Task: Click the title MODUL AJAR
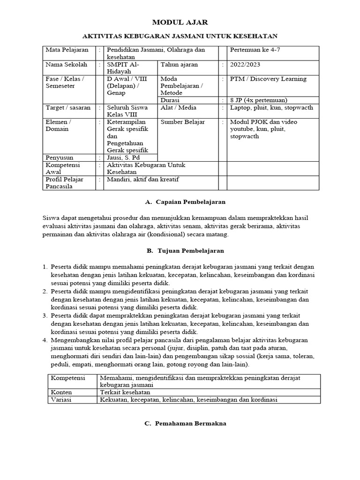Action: [180, 22]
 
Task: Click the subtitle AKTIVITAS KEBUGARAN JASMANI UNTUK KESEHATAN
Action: [180, 36]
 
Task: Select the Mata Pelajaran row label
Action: [63, 50]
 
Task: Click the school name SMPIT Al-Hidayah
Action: [123, 68]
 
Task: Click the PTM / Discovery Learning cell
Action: [268, 79]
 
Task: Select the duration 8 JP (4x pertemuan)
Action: [258, 100]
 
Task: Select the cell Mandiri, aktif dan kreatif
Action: [143, 180]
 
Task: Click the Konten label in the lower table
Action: [61, 392]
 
